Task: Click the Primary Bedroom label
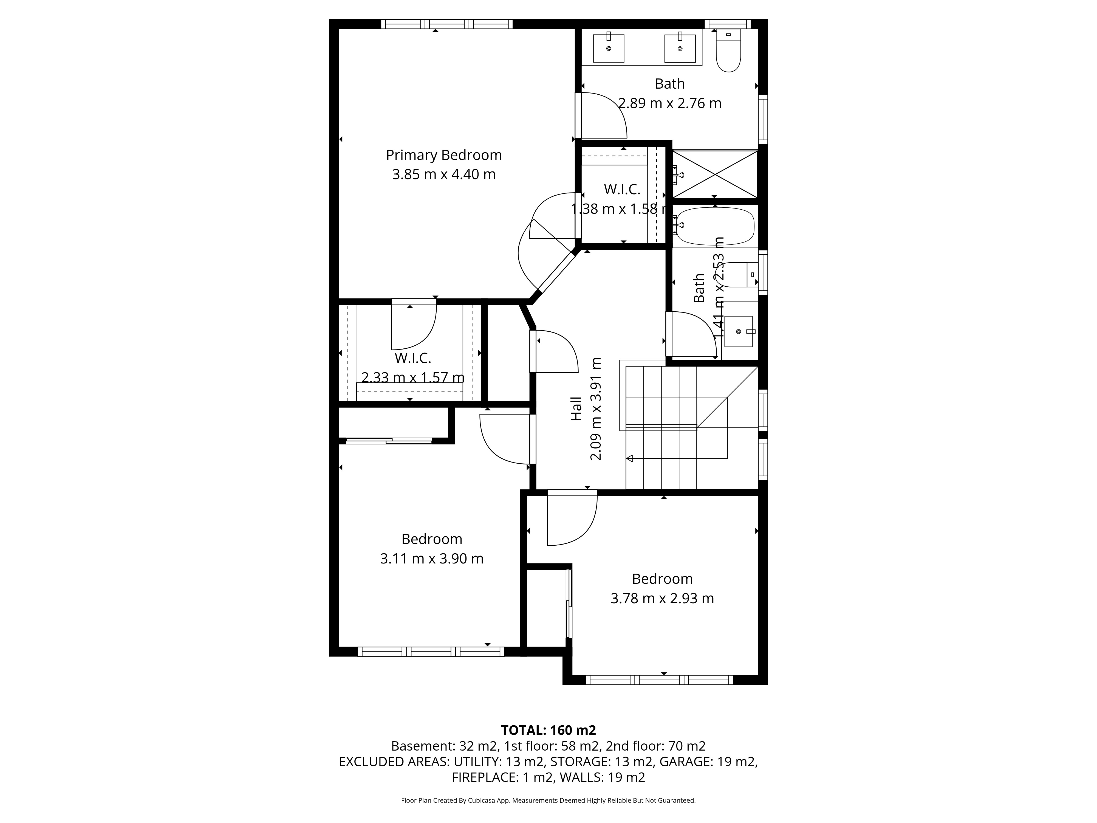444,155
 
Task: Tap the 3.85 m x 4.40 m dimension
444,175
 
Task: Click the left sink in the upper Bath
609,47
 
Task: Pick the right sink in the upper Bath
680,47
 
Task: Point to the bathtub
715,226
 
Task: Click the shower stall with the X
715,174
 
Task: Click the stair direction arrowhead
630,458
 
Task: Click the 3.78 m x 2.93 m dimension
662,598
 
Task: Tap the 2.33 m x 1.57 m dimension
413,377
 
